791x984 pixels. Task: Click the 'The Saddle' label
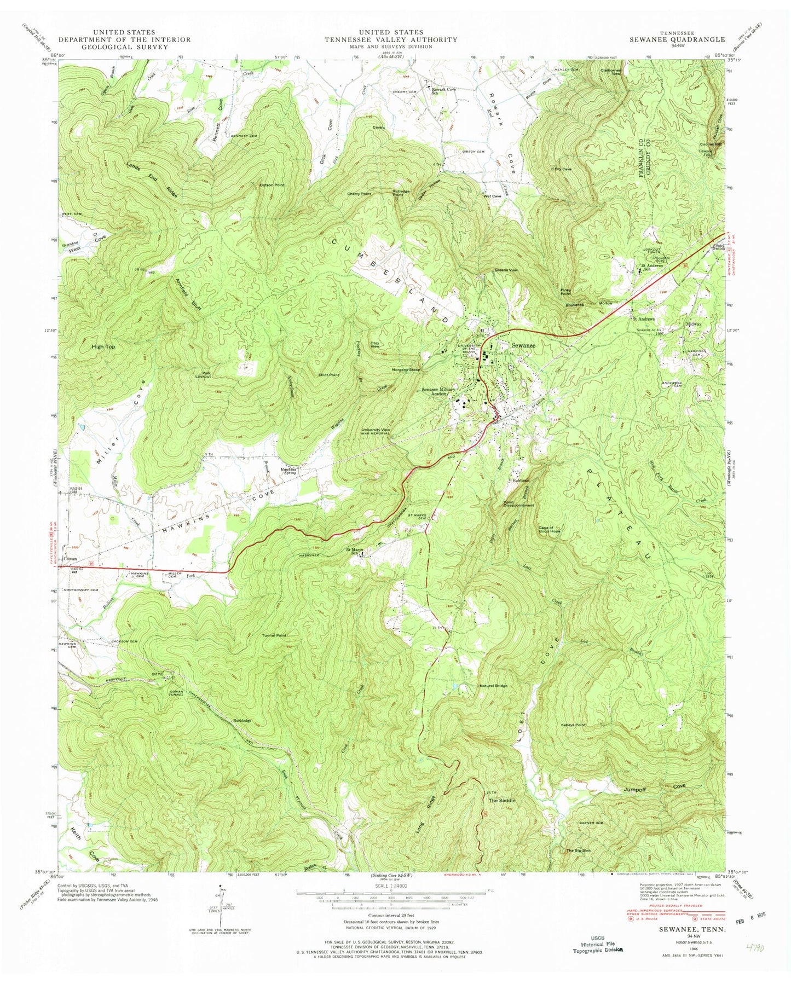[501, 800]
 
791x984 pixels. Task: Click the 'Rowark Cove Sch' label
[443, 91]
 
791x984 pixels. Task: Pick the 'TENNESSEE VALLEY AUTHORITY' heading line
[390, 39]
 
